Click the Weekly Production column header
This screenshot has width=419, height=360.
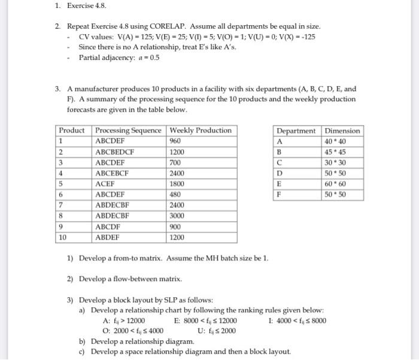[x=201, y=131]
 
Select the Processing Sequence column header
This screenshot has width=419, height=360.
[x=128, y=131]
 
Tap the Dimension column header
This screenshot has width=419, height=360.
[x=342, y=131]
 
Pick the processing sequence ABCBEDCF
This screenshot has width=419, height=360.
[x=117, y=152]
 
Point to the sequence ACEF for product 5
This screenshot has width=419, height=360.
[x=105, y=184]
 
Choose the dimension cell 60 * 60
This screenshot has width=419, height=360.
[x=342, y=184]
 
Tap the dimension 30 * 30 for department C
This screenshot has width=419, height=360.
[x=342, y=163]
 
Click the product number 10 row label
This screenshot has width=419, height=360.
[x=63, y=238]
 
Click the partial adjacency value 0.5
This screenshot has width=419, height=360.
[x=154, y=58]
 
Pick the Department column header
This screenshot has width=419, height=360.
[x=296, y=131]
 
